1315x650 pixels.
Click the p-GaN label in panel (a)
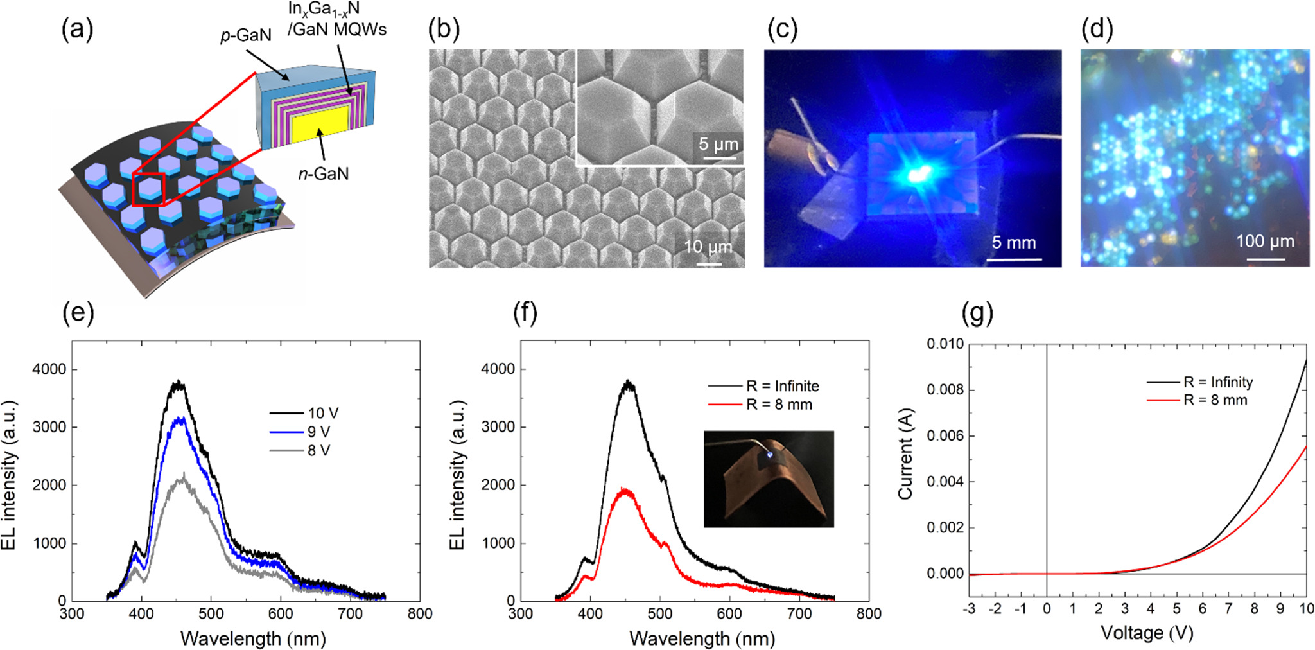(245, 36)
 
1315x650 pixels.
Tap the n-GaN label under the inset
(324, 173)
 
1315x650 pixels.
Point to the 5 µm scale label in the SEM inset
(718, 144)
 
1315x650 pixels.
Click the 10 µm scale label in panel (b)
(708, 247)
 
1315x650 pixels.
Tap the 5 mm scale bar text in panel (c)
(1013, 243)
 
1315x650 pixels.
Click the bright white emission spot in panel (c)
(919, 173)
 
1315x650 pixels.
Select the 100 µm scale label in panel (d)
(1265, 242)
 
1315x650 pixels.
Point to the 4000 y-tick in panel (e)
(49, 369)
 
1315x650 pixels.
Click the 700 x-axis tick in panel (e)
(350, 614)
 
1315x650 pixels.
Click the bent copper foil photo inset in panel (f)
(769, 479)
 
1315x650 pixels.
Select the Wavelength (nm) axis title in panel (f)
(702, 638)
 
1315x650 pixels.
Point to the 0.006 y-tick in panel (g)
(945, 436)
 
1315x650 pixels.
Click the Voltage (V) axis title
(1146, 633)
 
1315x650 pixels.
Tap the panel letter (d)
(1097, 29)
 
